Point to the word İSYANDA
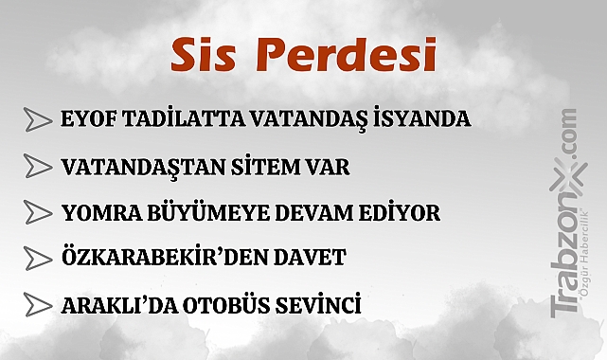pyautogui.click(x=422, y=120)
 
